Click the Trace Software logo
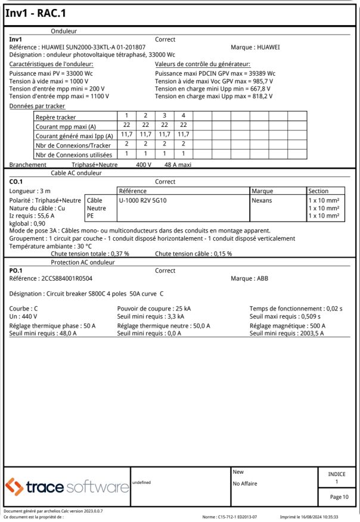(67, 487)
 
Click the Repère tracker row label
(57, 117)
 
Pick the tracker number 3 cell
(163, 116)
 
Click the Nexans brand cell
(262, 201)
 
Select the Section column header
(318, 191)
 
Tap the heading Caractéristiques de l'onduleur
(52, 64)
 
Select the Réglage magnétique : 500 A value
(287, 326)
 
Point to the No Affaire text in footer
(245, 483)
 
